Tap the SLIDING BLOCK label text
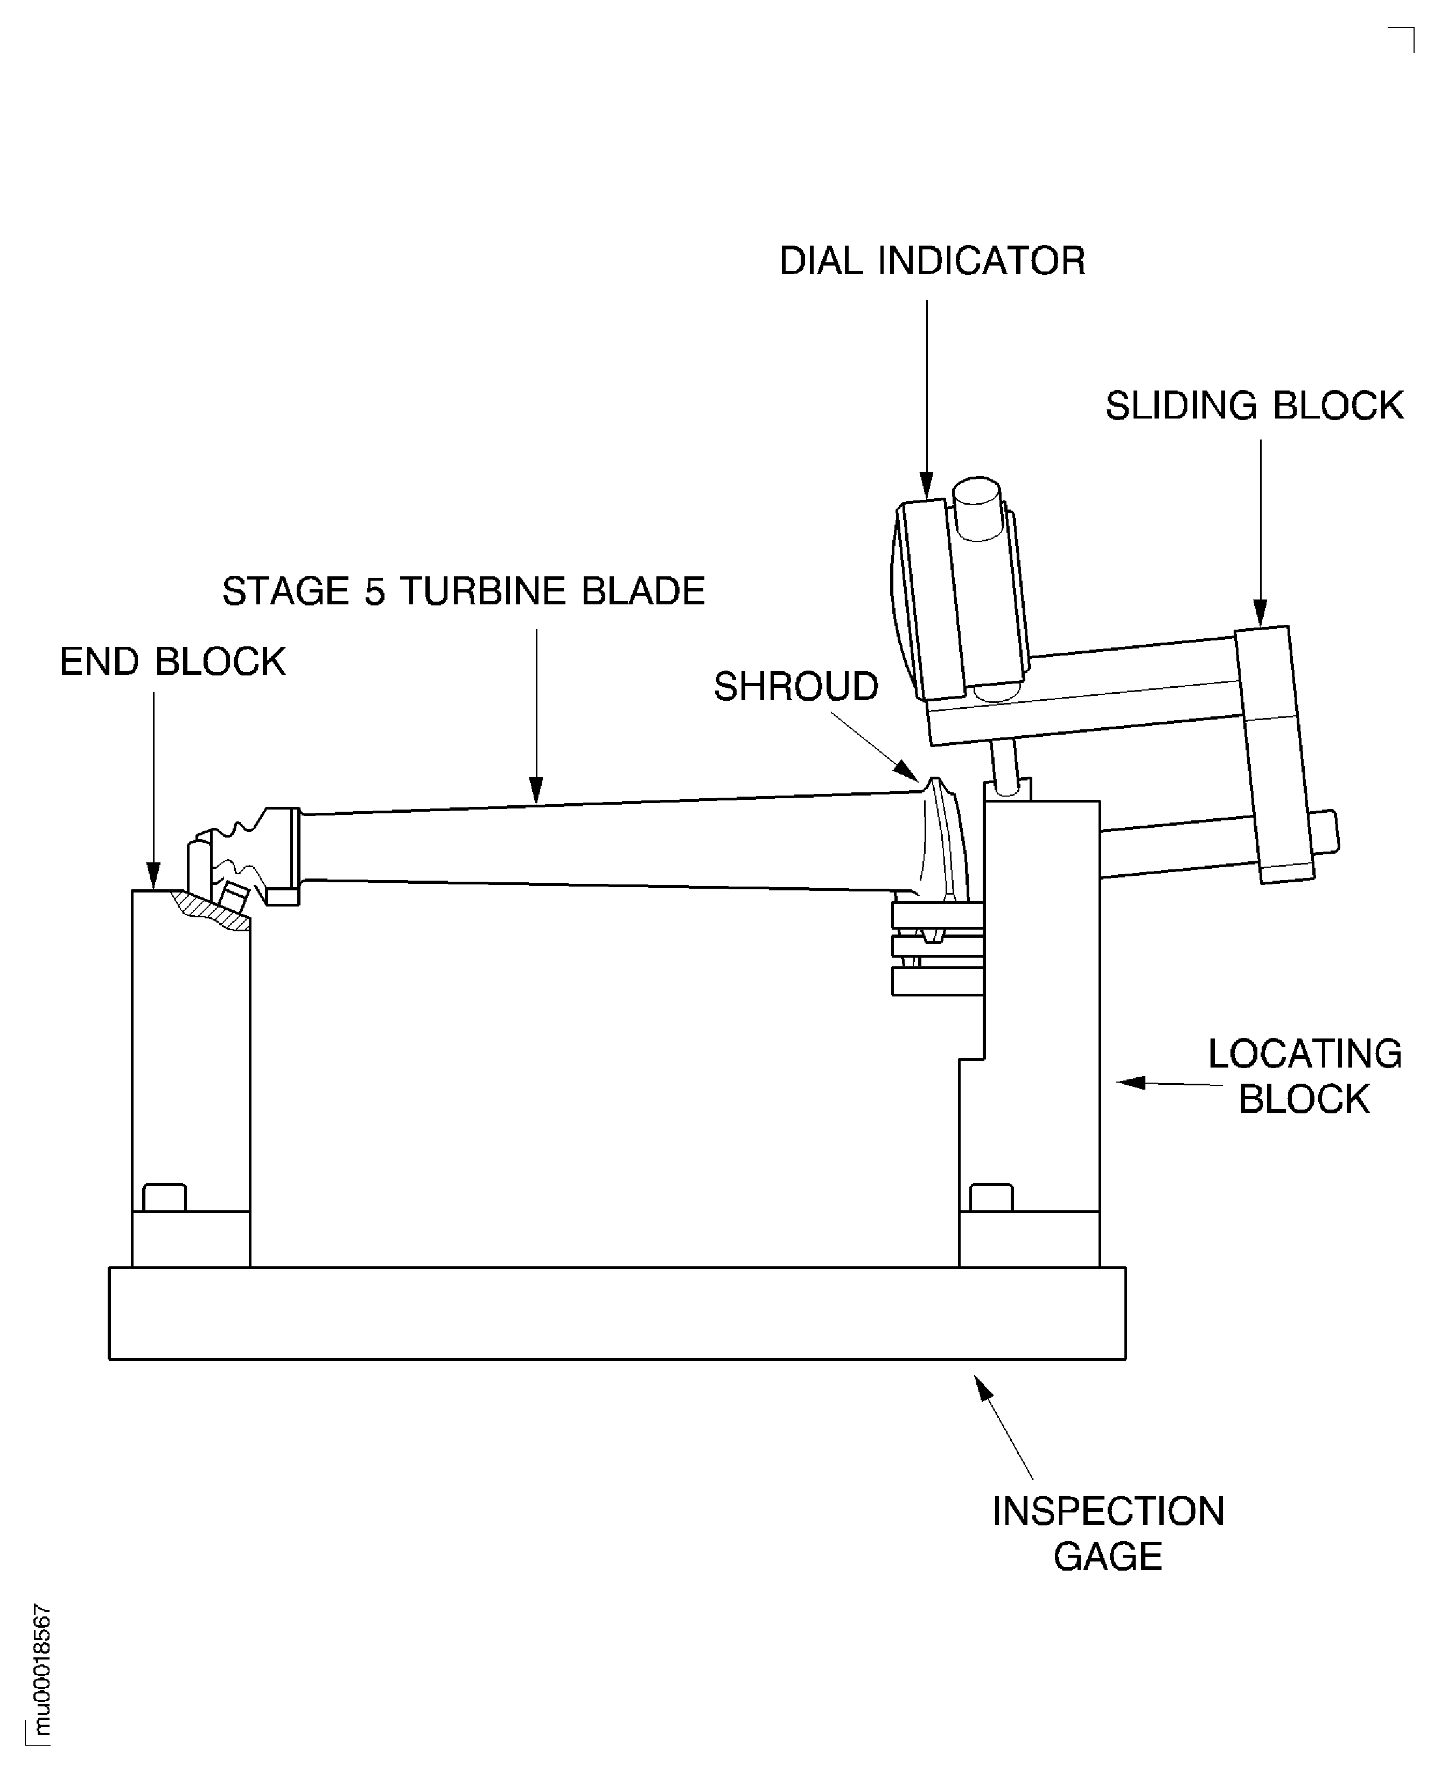click(1254, 406)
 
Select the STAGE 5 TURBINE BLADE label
click(463, 591)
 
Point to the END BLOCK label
click(173, 662)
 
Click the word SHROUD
click(796, 687)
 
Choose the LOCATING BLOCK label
click(1304, 1076)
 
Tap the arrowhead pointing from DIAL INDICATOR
click(927, 486)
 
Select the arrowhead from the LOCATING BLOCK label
click(1130, 1082)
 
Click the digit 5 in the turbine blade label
click(374, 592)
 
